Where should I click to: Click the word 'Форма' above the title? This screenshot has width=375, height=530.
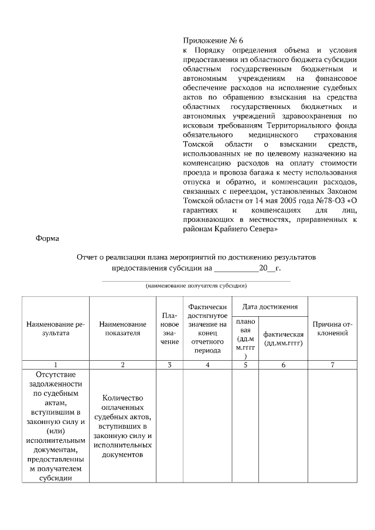pos(47,238)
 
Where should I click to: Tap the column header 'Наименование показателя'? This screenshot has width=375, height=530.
pos(122,329)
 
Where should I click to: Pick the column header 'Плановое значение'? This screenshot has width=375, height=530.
pos(169,329)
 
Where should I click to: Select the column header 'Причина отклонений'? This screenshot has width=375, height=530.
pos(332,329)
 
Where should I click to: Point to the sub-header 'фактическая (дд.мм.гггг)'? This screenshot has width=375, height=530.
pos(284,338)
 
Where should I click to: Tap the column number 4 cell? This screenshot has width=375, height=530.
pos(207,365)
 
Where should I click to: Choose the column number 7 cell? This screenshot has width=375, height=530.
pos(332,365)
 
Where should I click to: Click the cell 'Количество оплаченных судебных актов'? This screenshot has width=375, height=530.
pos(122,426)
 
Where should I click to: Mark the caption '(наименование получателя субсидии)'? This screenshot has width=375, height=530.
pos(196,286)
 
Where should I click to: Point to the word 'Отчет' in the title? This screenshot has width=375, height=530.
pos(88,257)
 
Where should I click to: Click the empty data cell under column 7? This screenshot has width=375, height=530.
pos(332,426)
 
